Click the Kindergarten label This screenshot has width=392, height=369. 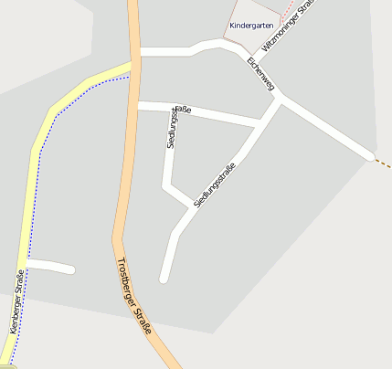coord(251,26)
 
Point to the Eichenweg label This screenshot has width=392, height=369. coord(260,73)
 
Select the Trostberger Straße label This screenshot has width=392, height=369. coord(134,297)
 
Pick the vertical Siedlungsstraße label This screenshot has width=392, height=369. coord(172,128)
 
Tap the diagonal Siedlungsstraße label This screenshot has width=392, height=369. coord(216,183)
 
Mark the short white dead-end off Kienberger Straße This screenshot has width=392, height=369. coord(50,266)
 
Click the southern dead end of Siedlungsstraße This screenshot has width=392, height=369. coord(164,278)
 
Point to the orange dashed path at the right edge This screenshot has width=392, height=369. coord(384,163)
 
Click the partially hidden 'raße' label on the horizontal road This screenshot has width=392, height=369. coord(183,110)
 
